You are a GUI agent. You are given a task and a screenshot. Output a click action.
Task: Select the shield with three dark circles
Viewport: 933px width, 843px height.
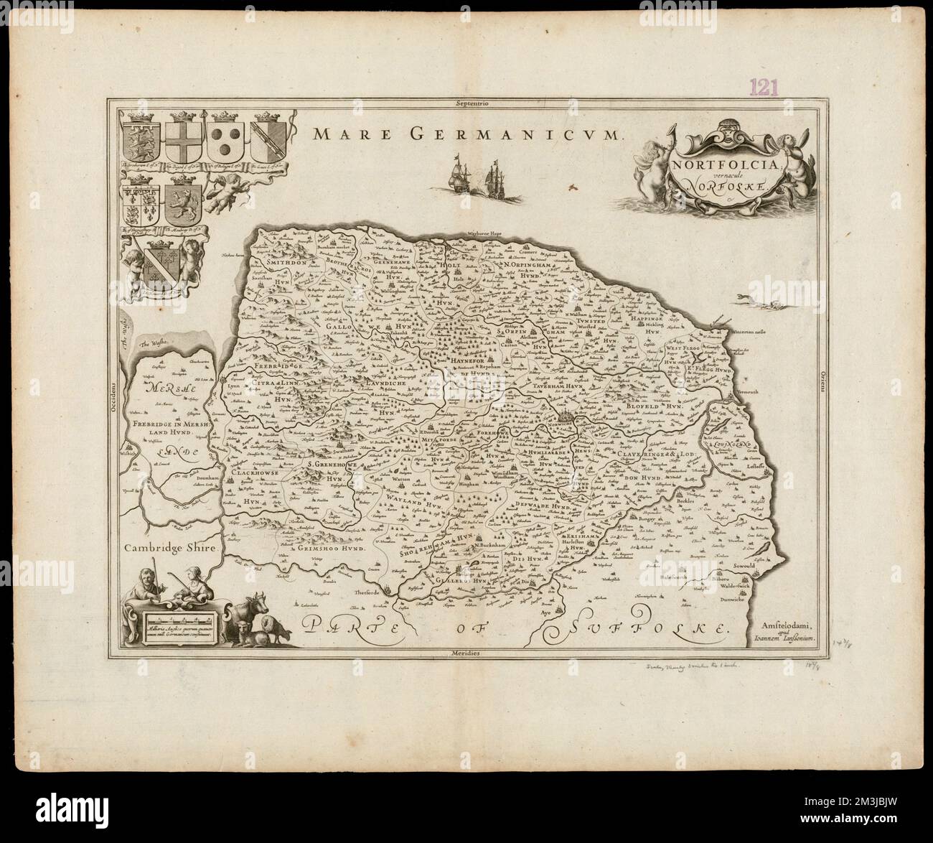(227, 140)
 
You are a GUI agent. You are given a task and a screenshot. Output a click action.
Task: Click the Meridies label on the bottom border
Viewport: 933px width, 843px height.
(470, 653)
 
